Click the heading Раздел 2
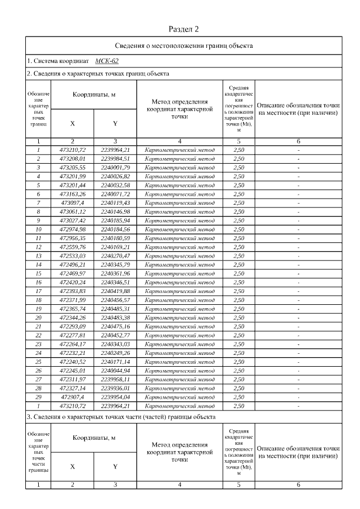pyautogui.click(x=183, y=29)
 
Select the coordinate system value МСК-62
pyautogui.click(x=107, y=60)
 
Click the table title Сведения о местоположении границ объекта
pyautogui.click(x=183, y=45)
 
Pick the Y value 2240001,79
pyautogui.click(x=115, y=167)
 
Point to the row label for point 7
pyautogui.click(x=38, y=202)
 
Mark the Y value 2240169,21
pyautogui.click(x=115, y=246)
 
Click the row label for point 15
pyautogui.click(x=38, y=273)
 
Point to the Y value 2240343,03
pyautogui.click(x=115, y=344)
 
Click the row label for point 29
pyautogui.click(x=38, y=397)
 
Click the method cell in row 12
pyautogui.click(x=179, y=246)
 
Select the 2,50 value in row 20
pyautogui.click(x=238, y=317)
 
